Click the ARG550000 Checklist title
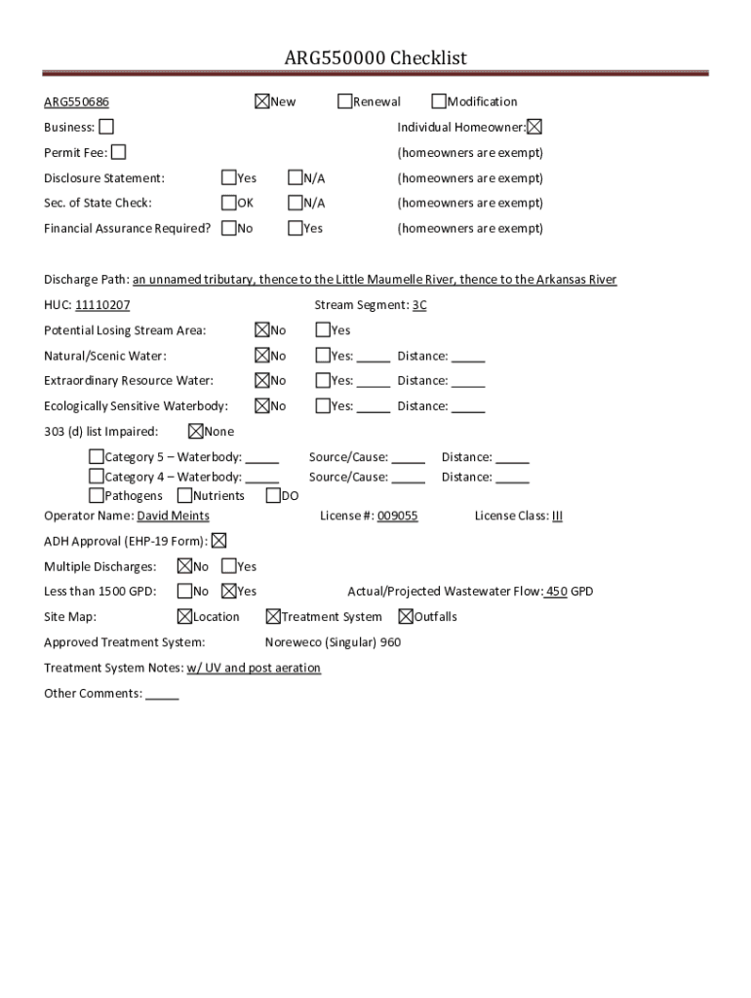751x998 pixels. tap(375, 58)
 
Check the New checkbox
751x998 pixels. tap(261, 101)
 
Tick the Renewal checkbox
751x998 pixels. tap(345, 101)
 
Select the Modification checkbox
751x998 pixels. tap(439, 101)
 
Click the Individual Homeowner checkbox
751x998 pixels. tap(534, 127)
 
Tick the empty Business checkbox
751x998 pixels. tap(105, 127)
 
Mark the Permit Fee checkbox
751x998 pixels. tap(118, 152)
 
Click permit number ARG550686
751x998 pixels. tap(76, 102)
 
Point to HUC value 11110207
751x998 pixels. tap(102, 305)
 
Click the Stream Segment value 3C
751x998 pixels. tap(419, 305)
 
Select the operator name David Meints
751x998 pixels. tap(173, 516)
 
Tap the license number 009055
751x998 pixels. tap(397, 516)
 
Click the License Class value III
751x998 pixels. tap(557, 516)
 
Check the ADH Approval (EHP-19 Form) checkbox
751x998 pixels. tap(218, 541)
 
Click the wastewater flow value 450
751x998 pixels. tap(556, 592)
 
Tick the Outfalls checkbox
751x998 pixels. tap(406, 616)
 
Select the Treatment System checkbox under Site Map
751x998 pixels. tap(273, 616)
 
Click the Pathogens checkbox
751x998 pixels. tap(97, 496)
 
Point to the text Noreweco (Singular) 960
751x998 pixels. tap(333, 642)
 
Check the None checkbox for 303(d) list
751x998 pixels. tap(196, 431)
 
